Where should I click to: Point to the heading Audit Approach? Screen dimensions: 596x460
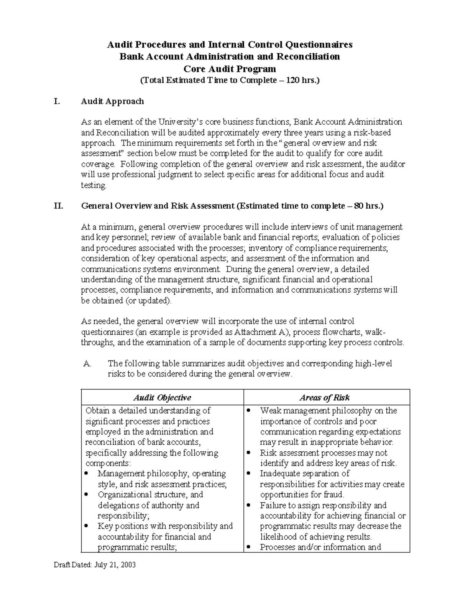tap(112, 101)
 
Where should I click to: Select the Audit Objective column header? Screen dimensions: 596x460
tap(162, 398)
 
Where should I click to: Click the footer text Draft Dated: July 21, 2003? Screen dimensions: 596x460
tap(95, 565)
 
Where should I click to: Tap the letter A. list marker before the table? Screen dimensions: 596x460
tap(87, 363)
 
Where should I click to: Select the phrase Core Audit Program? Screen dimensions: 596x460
tap(230, 69)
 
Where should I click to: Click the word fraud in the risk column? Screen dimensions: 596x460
tap(334, 495)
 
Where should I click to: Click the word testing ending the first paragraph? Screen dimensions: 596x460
tap(93, 185)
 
